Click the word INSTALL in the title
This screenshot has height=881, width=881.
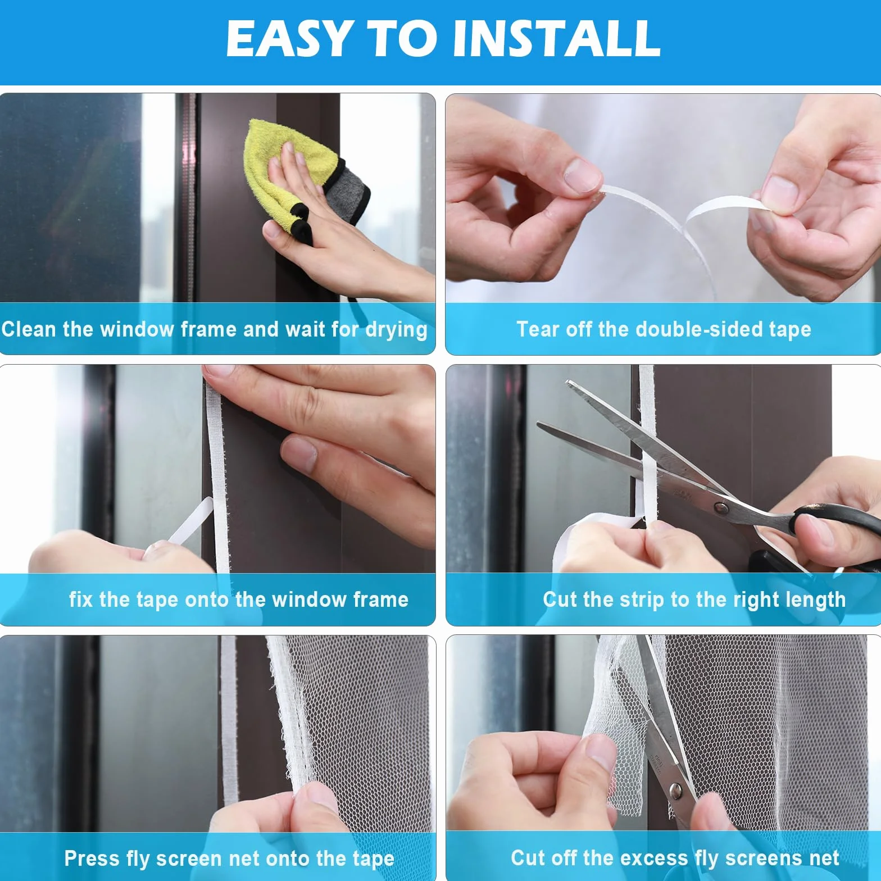(x=556, y=38)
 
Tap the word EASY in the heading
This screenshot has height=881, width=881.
(x=290, y=38)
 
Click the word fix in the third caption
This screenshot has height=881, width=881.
(x=81, y=600)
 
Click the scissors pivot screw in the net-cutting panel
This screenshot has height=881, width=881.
(x=676, y=792)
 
